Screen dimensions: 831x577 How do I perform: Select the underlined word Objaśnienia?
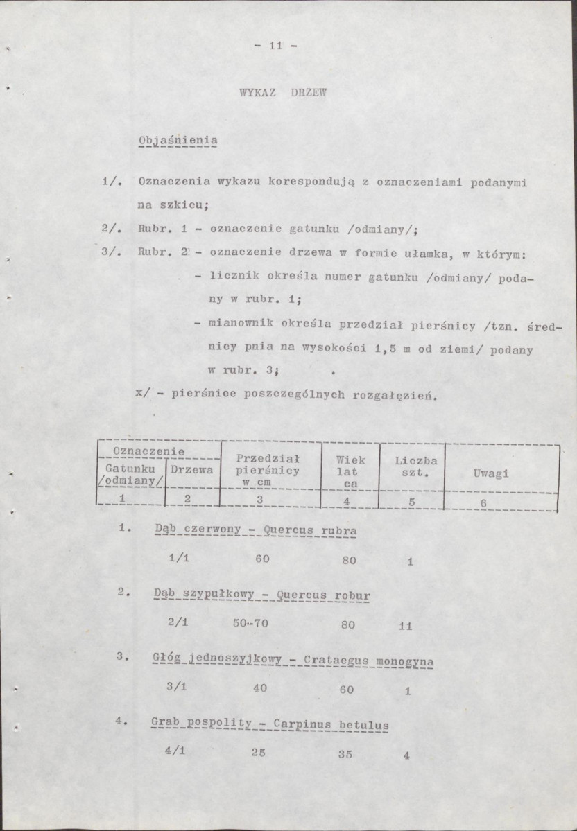click(x=178, y=141)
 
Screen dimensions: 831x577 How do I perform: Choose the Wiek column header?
click(x=350, y=460)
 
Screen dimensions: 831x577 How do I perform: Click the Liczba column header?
click(x=415, y=460)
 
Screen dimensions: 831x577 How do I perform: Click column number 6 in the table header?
click(x=484, y=503)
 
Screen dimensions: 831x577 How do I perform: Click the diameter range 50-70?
click(x=250, y=624)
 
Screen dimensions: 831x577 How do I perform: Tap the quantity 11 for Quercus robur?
click(x=406, y=627)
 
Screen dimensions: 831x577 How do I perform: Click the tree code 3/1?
click(x=178, y=687)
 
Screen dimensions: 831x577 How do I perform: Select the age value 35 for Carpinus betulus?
click(x=345, y=755)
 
